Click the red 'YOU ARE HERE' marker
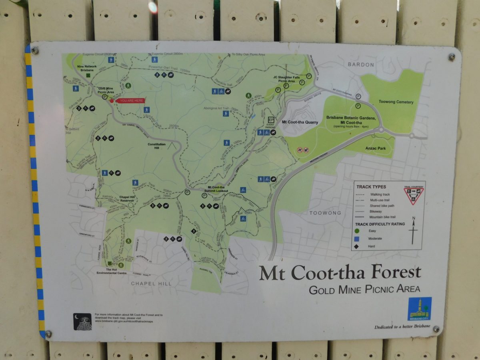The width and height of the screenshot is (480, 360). tap(130, 100)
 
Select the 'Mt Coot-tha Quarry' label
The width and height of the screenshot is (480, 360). tap(300, 122)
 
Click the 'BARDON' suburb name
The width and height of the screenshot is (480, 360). tap(360, 64)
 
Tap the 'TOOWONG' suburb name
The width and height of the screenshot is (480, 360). tap(325, 213)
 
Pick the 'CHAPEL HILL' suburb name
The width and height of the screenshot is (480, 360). tap(151, 284)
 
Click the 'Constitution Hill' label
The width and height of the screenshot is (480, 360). tap(156, 146)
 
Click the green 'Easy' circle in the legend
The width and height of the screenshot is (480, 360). tap(357, 231)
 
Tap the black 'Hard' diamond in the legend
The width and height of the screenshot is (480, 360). tap(357, 246)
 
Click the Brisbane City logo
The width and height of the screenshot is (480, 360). tap(420, 308)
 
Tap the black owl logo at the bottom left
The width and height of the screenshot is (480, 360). tap(82, 321)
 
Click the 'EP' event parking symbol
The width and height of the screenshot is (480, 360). tap(271, 120)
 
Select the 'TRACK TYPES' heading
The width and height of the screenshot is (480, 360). tap(371, 187)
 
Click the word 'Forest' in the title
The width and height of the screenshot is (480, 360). tap(396, 272)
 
